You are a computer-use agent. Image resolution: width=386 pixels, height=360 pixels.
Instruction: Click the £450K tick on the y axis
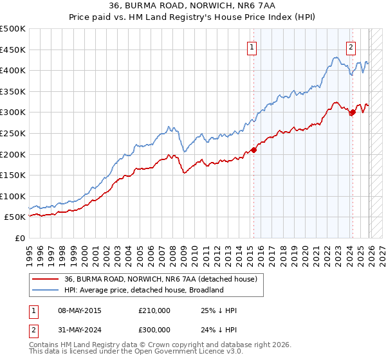coord(13,50)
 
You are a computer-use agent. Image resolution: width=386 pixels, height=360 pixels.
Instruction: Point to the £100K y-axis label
coord(13,196)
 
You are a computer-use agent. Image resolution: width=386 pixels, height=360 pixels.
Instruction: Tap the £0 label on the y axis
coord(19,238)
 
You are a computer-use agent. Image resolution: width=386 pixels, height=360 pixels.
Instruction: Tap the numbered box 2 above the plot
coord(351,46)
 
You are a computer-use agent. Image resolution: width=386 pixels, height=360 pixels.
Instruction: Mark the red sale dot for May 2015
coord(253,150)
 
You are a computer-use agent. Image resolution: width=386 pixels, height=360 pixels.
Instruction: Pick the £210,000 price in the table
coord(154,310)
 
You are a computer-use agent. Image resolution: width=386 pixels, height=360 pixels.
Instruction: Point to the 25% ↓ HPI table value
coord(219,310)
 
